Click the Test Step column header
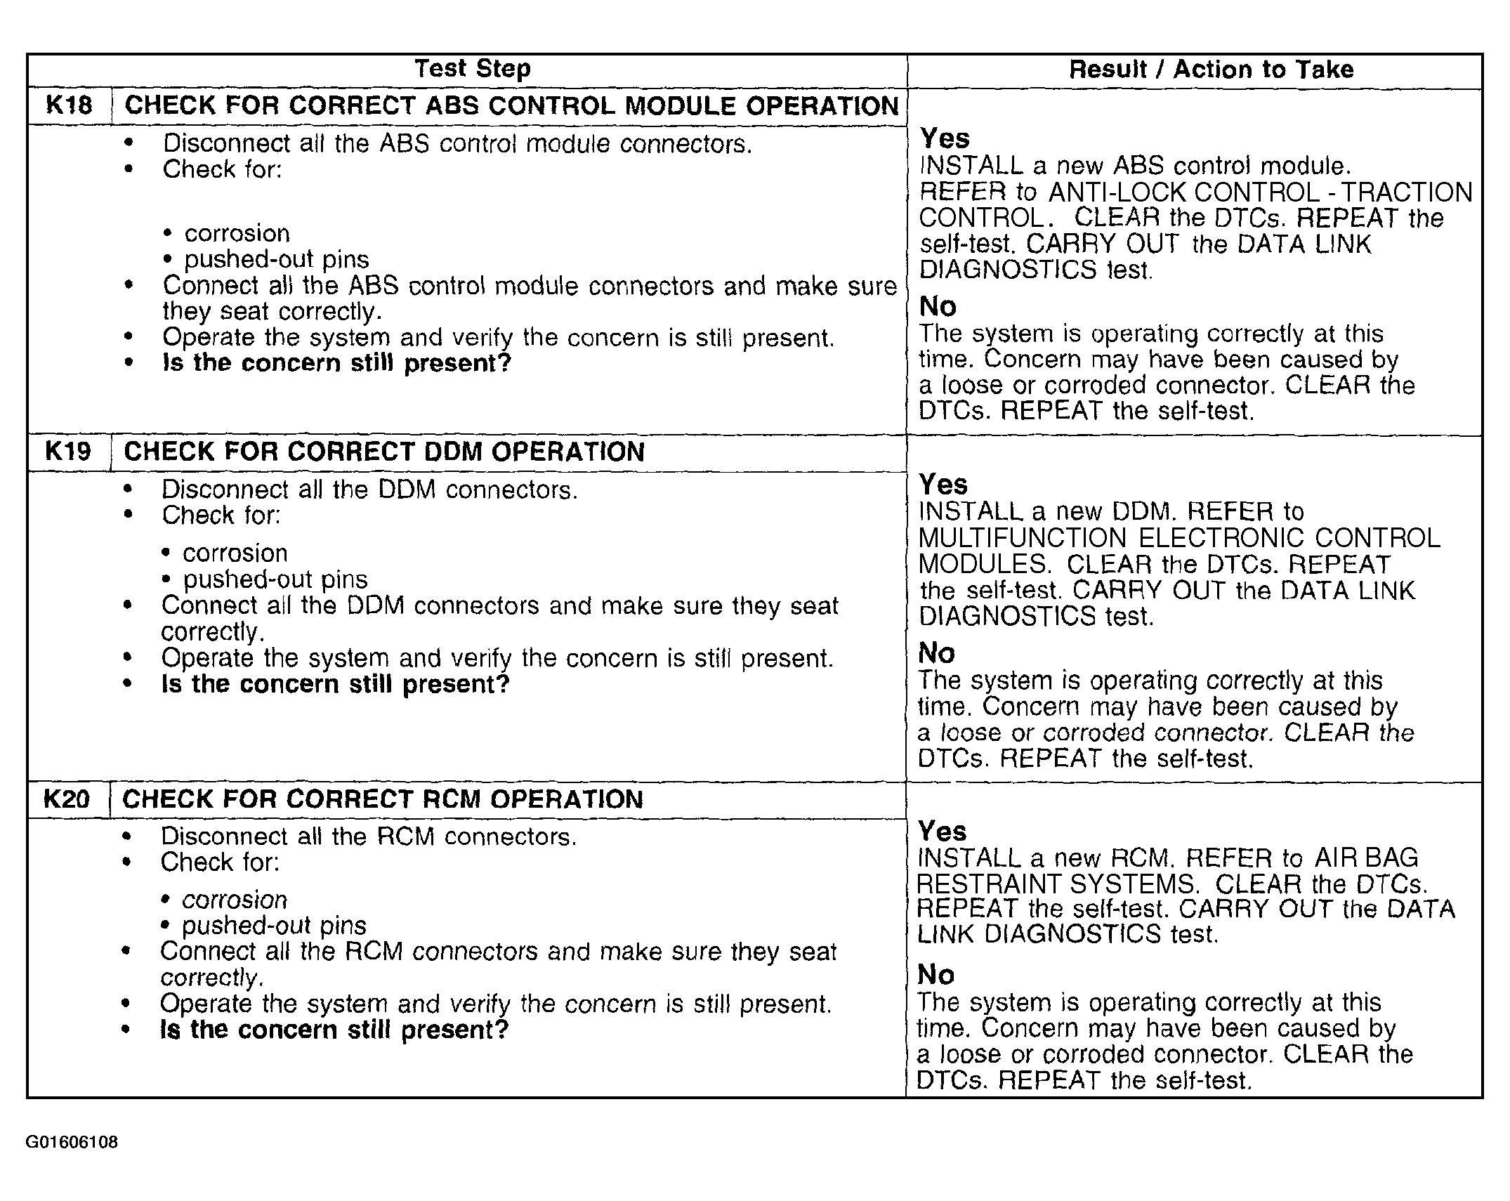pyautogui.click(x=472, y=69)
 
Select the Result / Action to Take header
pyautogui.click(x=1211, y=70)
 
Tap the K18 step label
pyautogui.click(x=69, y=105)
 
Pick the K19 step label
pyautogui.click(x=68, y=452)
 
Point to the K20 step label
pyautogui.click(x=67, y=799)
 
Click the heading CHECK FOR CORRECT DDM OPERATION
pyautogui.click(x=384, y=452)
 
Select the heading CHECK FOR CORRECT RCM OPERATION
pyautogui.click(x=383, y=799)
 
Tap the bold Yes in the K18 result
pyautogui.click(x=945, y=138)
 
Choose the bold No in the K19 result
pyautogui.click(x=937, y=654)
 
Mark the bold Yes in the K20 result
pyautogui.click(x=942, y=832)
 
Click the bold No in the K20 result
pyautogui.click(x=935, y=975)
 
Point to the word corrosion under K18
pyautogui.click(x=237, y=233)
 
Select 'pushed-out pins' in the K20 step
pyautogui.click(x=274, y=926)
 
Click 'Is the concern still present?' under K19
pyautogui.click(x=336, y=684)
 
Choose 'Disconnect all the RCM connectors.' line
pyautogui.click(x=369, y=836)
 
